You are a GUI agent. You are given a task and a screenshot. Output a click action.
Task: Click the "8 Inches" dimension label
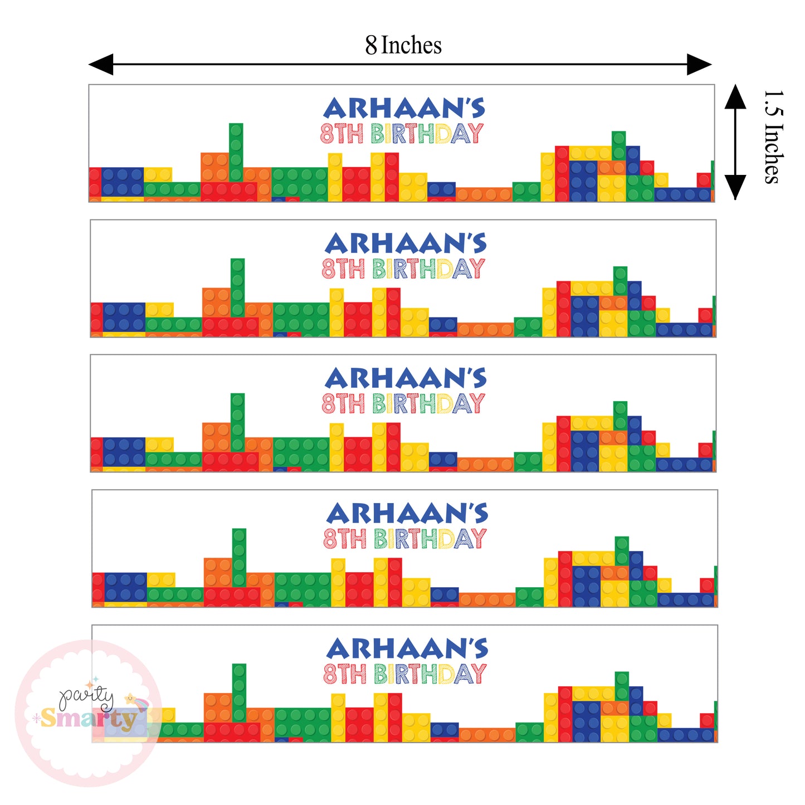(x=403, y=45)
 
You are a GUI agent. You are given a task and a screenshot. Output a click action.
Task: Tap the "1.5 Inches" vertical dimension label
(x=773, y=137)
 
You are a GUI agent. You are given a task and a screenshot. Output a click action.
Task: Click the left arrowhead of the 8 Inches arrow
(x=101, y=65)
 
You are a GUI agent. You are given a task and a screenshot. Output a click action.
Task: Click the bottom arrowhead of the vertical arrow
(x=735, y=187)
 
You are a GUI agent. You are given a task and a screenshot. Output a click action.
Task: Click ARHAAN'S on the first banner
(x=404, y=109)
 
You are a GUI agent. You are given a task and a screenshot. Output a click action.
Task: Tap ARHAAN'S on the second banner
(x=406, y=244)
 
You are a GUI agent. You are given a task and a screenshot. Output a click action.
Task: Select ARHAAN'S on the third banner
(x=406, y=379)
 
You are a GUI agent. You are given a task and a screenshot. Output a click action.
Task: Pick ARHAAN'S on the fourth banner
(x=407, y=514)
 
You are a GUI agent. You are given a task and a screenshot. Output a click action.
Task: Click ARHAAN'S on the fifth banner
(x=407, y=649)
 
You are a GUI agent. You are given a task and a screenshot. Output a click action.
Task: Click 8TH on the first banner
(x=341, y=134)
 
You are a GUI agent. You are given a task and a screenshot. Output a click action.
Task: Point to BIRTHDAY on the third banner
(x=428, y=404)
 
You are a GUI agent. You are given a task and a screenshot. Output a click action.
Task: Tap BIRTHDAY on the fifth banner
(x=430, y=674)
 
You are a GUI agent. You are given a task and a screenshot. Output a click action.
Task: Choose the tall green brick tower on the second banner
(x=238, y=286)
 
